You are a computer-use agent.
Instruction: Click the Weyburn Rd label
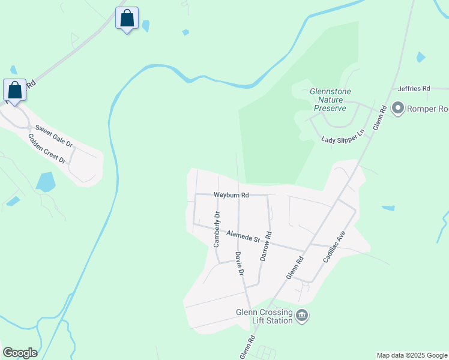click(x=231, y=194)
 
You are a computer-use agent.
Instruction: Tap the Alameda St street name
click(x=242, y=236)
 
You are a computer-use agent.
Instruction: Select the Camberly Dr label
click(x=217, y=229)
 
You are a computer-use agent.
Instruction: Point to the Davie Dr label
click(x=240, y=263)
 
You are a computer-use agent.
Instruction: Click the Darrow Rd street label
click(x=265, y=246)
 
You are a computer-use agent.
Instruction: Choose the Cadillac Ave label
click(x=334, y=247)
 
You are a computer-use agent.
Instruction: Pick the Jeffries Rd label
click(x=414, y=89)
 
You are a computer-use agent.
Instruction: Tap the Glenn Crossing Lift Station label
click(x=264, y=316)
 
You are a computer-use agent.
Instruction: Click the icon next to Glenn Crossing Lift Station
click(x=302, y=316)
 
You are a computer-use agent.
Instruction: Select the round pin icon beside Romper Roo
click(x=397, y=109)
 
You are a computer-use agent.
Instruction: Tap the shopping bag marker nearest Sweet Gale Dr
click(x=15, y=91)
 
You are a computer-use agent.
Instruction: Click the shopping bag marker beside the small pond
click(x=127, y=18)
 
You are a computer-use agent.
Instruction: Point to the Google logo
click(x=20, y=353)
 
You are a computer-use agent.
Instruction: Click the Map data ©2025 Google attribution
click(x=412, y=355)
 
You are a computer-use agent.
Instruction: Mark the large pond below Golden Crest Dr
click(x=45, y=181)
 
